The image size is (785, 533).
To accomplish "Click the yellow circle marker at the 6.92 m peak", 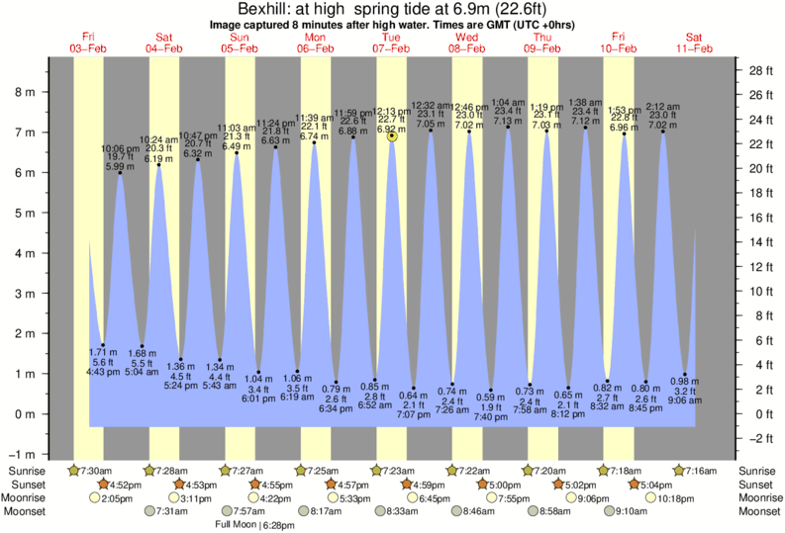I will (392, 136).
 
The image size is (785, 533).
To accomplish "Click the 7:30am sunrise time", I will (96, 471).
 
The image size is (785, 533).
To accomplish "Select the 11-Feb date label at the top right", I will (694, 48).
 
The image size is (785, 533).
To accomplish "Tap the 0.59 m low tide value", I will (492, 398).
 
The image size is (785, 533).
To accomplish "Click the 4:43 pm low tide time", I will (103, 371).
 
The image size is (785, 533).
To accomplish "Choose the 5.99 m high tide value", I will (120, 167).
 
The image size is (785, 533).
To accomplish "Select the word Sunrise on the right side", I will (755, 471).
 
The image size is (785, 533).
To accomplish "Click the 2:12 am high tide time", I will (662, 106).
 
